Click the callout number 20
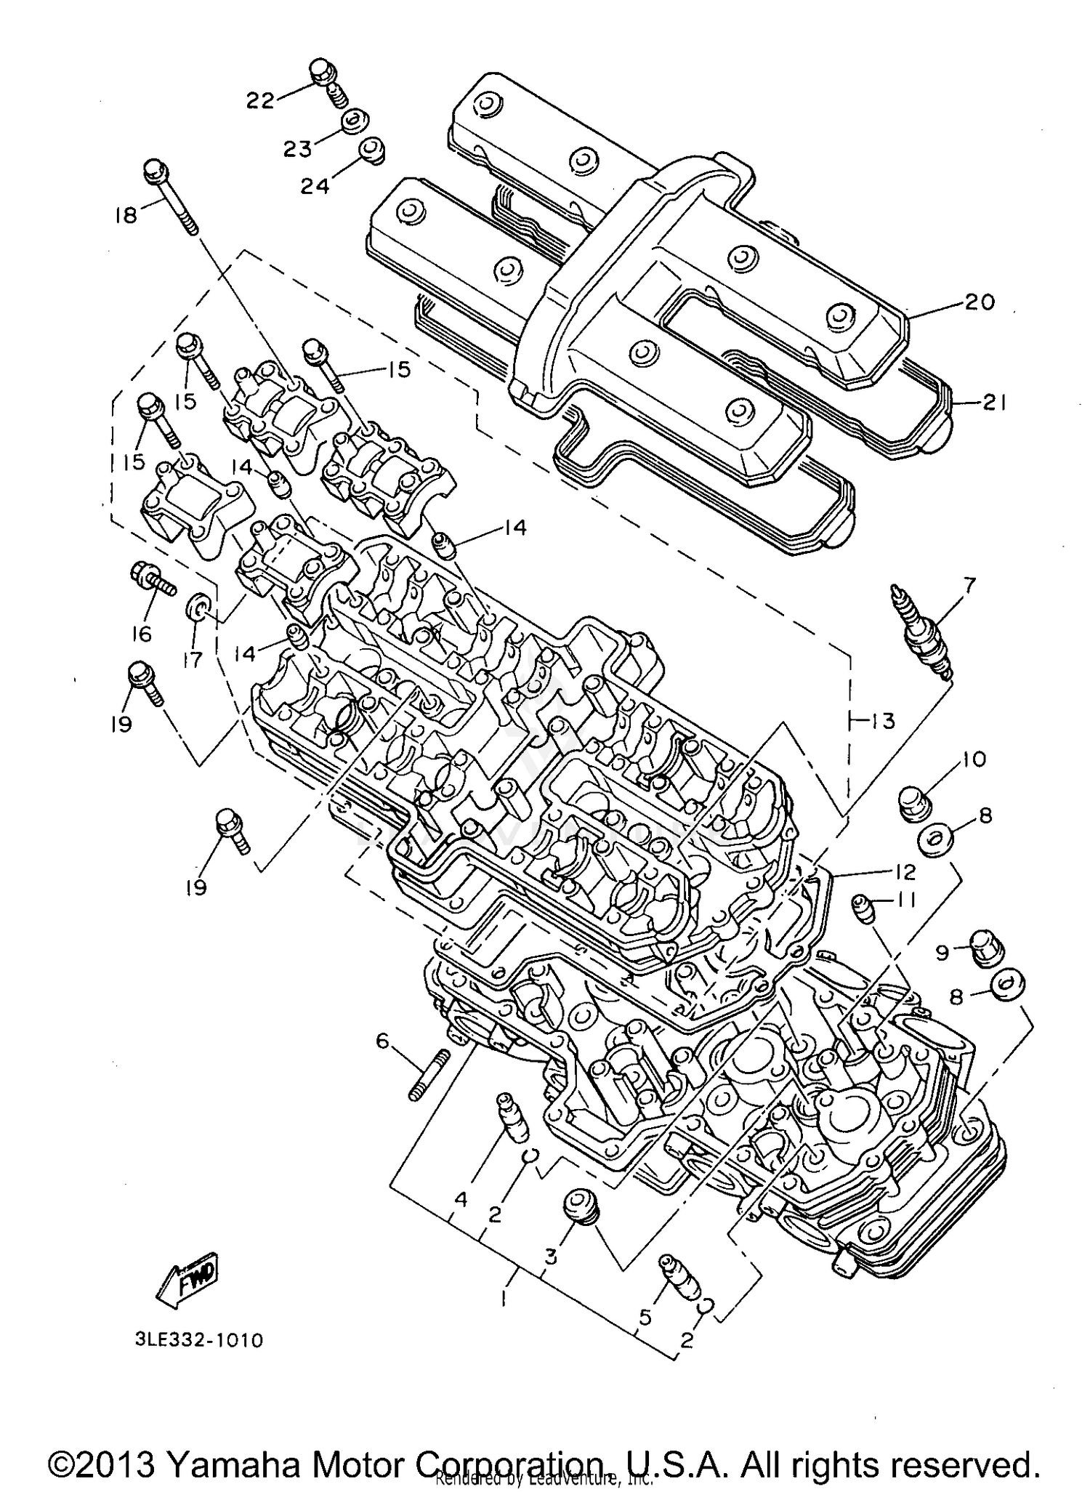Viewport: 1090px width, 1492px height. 979,301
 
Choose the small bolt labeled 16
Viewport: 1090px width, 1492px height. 153,580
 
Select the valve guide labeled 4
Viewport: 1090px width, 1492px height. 509,1130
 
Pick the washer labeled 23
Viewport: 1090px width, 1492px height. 355,121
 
